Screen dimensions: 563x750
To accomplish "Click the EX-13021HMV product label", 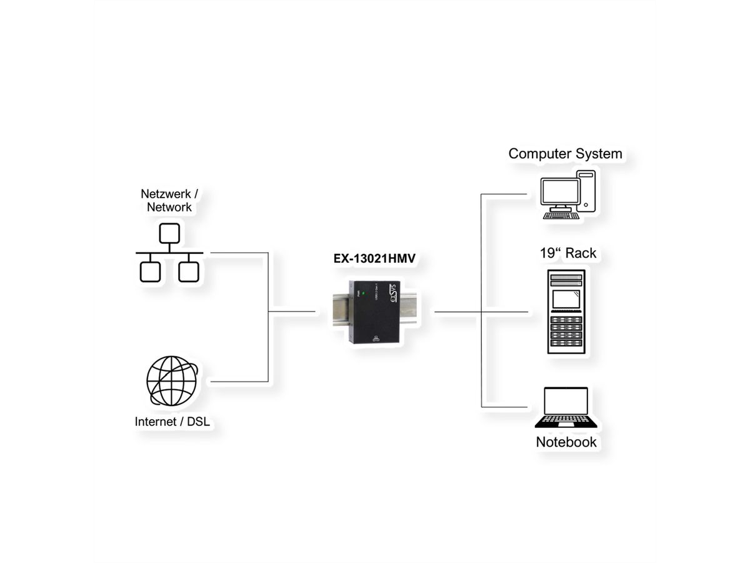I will [x=374, y=257].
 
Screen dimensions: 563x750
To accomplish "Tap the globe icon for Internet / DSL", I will [x=171, y=382].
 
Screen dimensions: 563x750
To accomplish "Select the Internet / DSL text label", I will [x=172, y=422].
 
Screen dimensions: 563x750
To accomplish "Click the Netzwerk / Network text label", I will [x=169, y=200].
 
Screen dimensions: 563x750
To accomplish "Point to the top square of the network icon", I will [x=169, y=233].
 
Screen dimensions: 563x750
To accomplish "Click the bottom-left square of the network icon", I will [x=150, y=271].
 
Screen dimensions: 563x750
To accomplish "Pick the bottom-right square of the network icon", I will [x=189, y=271].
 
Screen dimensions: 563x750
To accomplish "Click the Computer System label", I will [x=565, y=153].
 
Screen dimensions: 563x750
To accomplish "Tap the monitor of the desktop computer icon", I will [x=560, y=192].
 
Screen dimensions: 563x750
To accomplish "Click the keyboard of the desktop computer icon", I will [x=561, y=216].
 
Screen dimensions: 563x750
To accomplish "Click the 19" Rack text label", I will [x=567, y=253].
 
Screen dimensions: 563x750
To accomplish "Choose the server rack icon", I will [x=566, y=312].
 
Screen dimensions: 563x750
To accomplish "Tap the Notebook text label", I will [x=566, y=442].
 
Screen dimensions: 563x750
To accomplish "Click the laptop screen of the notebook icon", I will [x=566, y=401].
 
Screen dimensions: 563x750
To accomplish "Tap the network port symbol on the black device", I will [x=375, y=339].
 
